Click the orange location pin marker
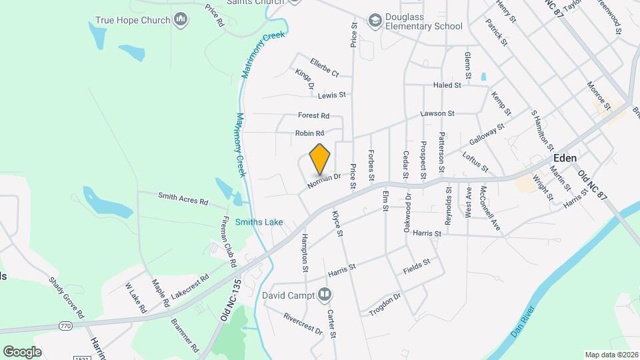[320, 159]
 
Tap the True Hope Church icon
[181, 20]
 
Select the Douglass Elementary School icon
[374, 21]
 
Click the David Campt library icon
[325, 293]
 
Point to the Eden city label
[565, 158]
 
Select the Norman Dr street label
[325, 180]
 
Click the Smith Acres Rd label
[183, 198]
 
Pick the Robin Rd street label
[309, 133]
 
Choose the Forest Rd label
[314, 115]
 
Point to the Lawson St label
[437, 114]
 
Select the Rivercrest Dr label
[303, 323]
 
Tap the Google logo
[22, 351]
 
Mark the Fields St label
[417, 267]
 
